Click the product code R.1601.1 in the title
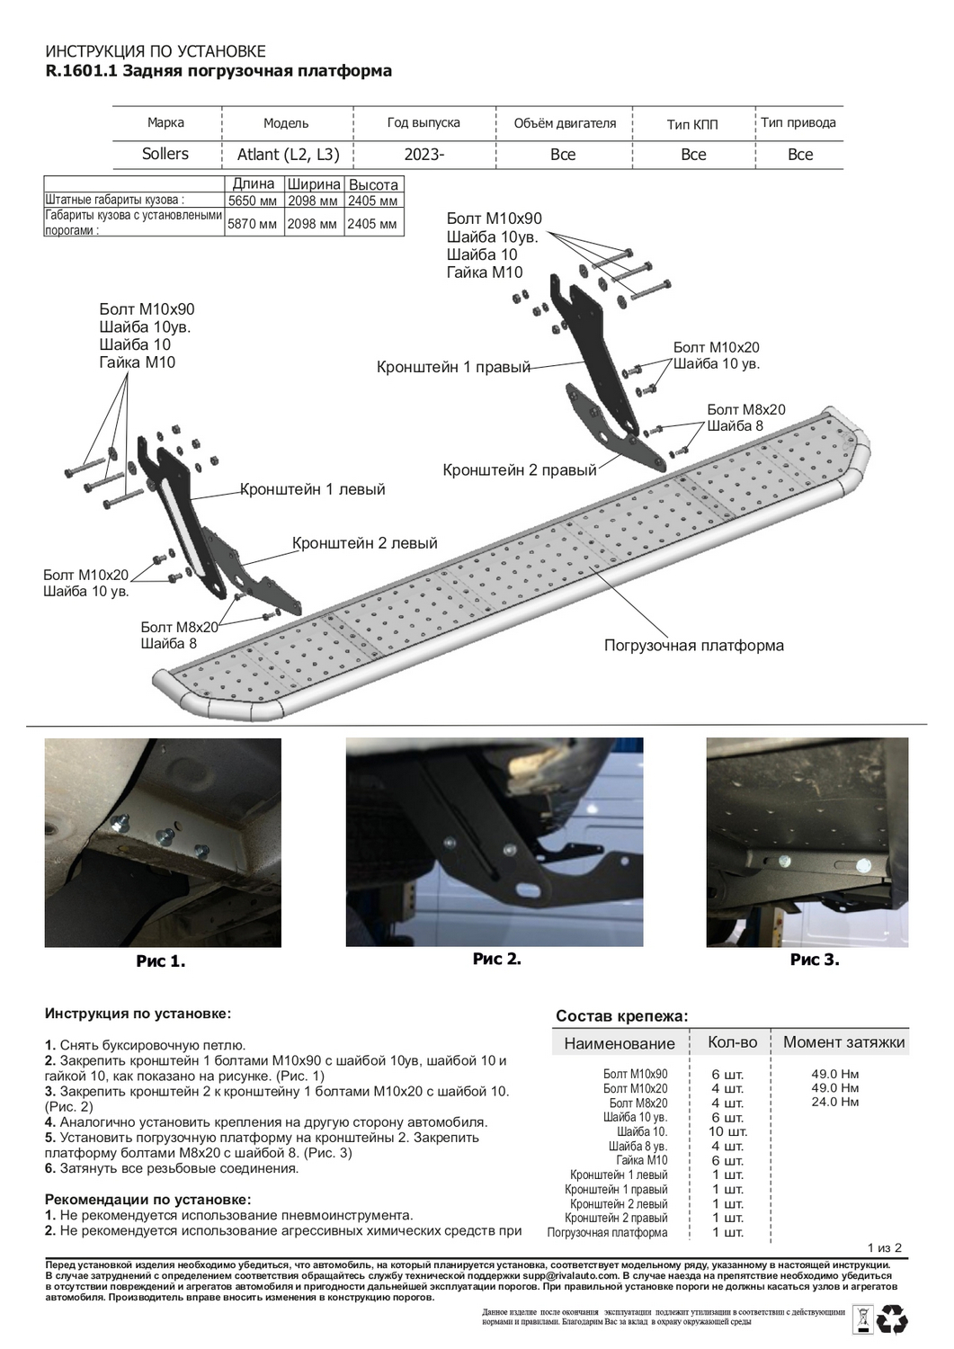click(79, 71)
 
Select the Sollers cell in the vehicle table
click(165, 154)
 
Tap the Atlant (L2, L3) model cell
click(288, 155)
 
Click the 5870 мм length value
click(253, 224)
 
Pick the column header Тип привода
click(798, 122)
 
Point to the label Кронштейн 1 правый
click(453, 367)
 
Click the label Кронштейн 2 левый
click(364, 543)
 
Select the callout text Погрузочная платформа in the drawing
click(693, 646)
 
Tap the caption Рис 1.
click(161, 961)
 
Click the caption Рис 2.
click(496, 959)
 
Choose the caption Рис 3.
click(815, 960)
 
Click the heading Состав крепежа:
click(621, 1016)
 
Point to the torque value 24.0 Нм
click(835, 1102)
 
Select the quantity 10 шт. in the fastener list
click(727, 1131)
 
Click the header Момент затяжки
click(843, 1042)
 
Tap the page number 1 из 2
click(884, 1247)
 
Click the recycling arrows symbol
click(894, 1319)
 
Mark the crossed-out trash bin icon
click(860, 1319)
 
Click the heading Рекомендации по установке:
click(148, 1199)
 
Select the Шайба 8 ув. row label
click(637, 1147)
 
